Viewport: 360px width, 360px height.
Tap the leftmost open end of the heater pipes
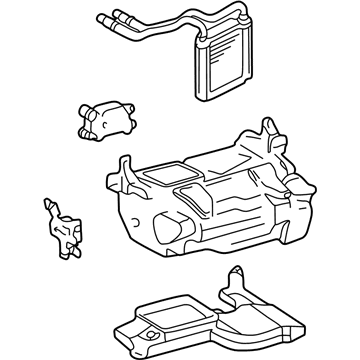[102, 18]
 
